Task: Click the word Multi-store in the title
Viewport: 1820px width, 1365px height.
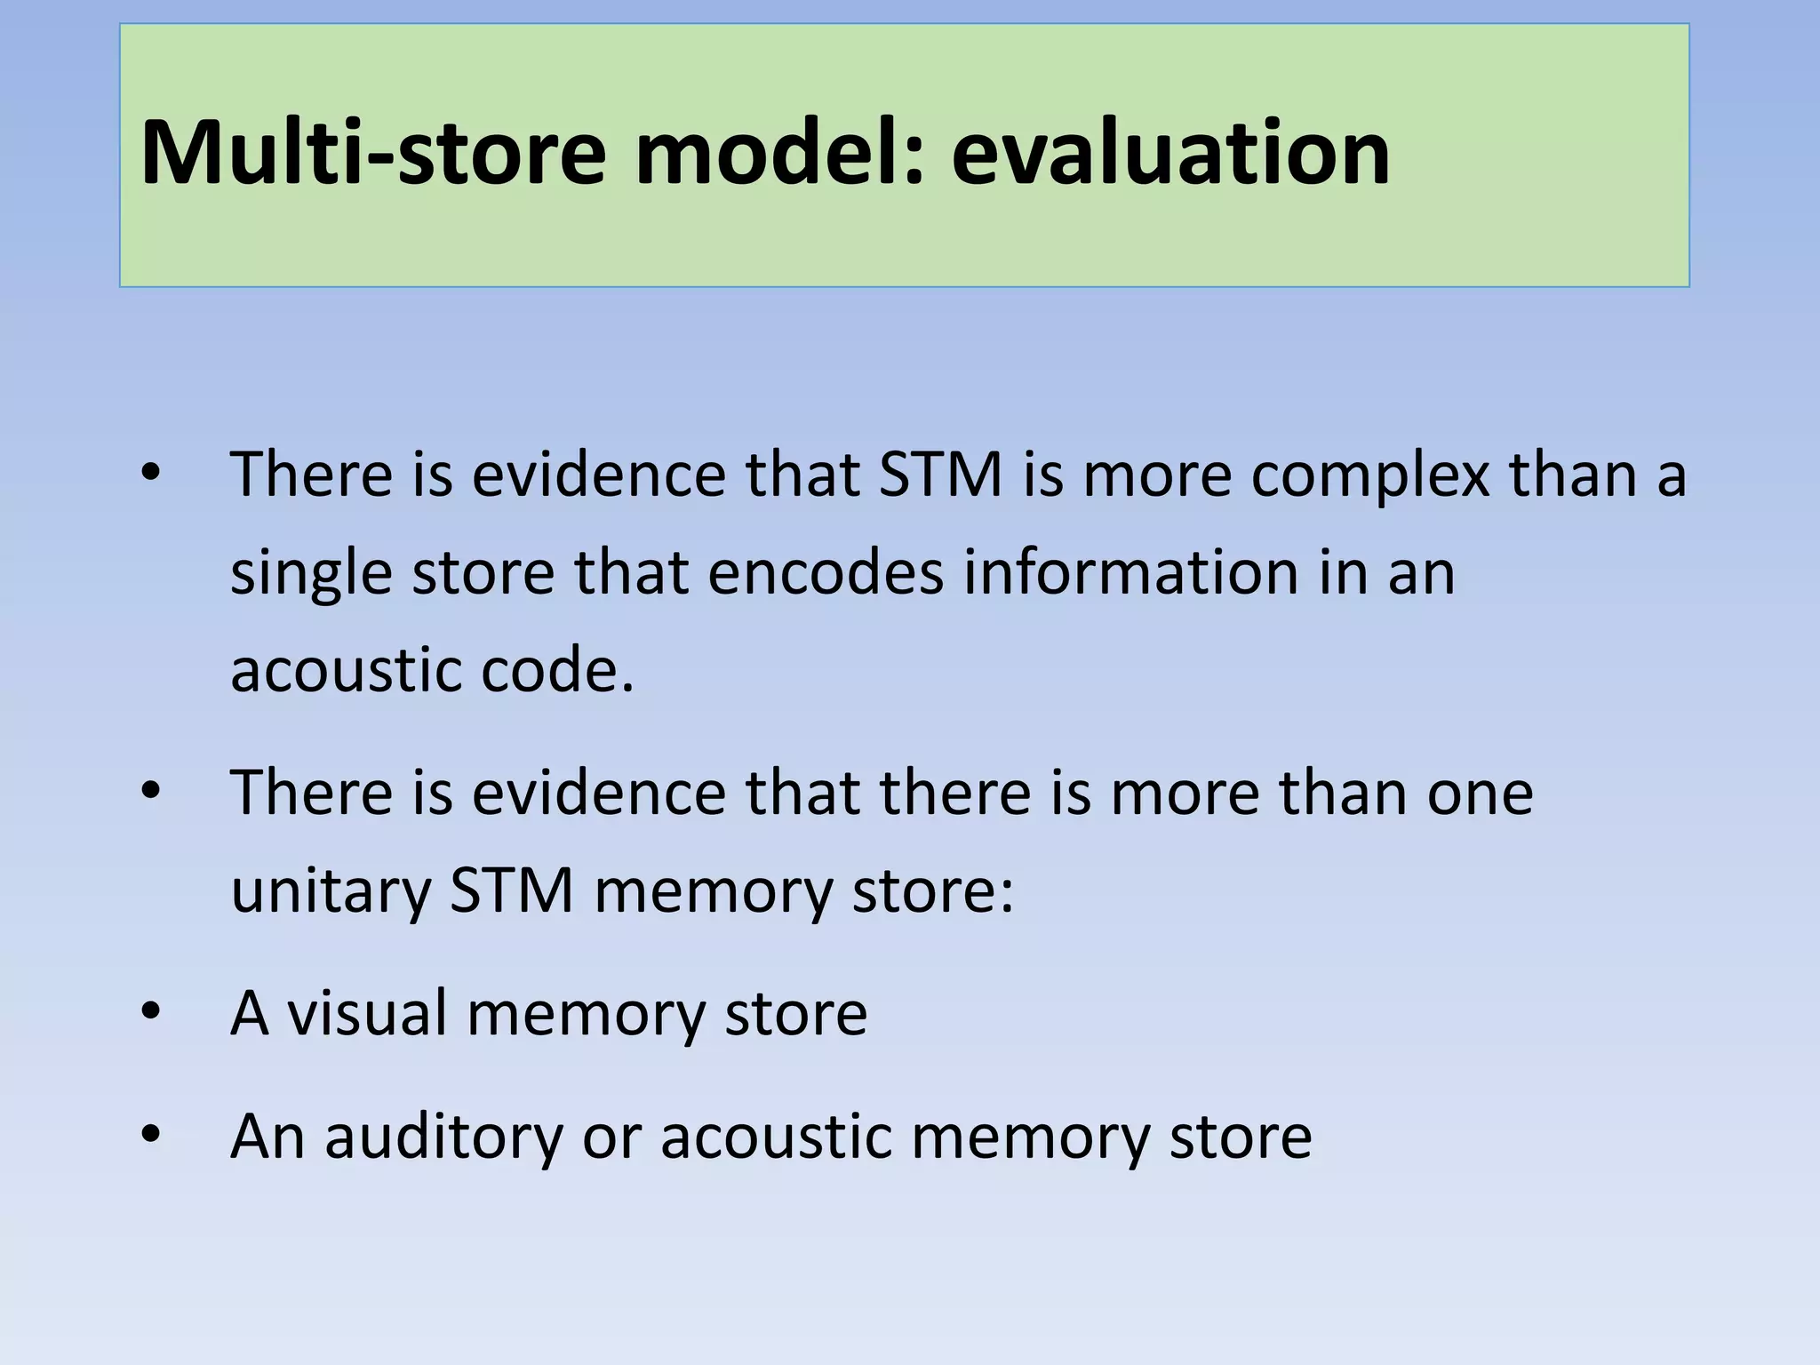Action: click(373, 153)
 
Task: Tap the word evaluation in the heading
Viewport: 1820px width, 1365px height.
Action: click(1170, 153)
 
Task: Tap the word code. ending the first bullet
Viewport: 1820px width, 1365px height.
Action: click(557, 669)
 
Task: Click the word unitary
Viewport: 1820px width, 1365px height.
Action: click(331, 890)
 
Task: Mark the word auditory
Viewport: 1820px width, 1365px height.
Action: click(444, 1137)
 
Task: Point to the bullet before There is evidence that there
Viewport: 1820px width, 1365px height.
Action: click(150, 790)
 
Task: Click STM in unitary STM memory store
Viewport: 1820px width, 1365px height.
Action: click(511, 890)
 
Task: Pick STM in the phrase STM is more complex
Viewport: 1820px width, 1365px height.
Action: click(940, 475)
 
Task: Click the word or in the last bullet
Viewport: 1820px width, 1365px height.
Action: click(611, 1137)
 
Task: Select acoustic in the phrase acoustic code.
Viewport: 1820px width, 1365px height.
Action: click(346, 669)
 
